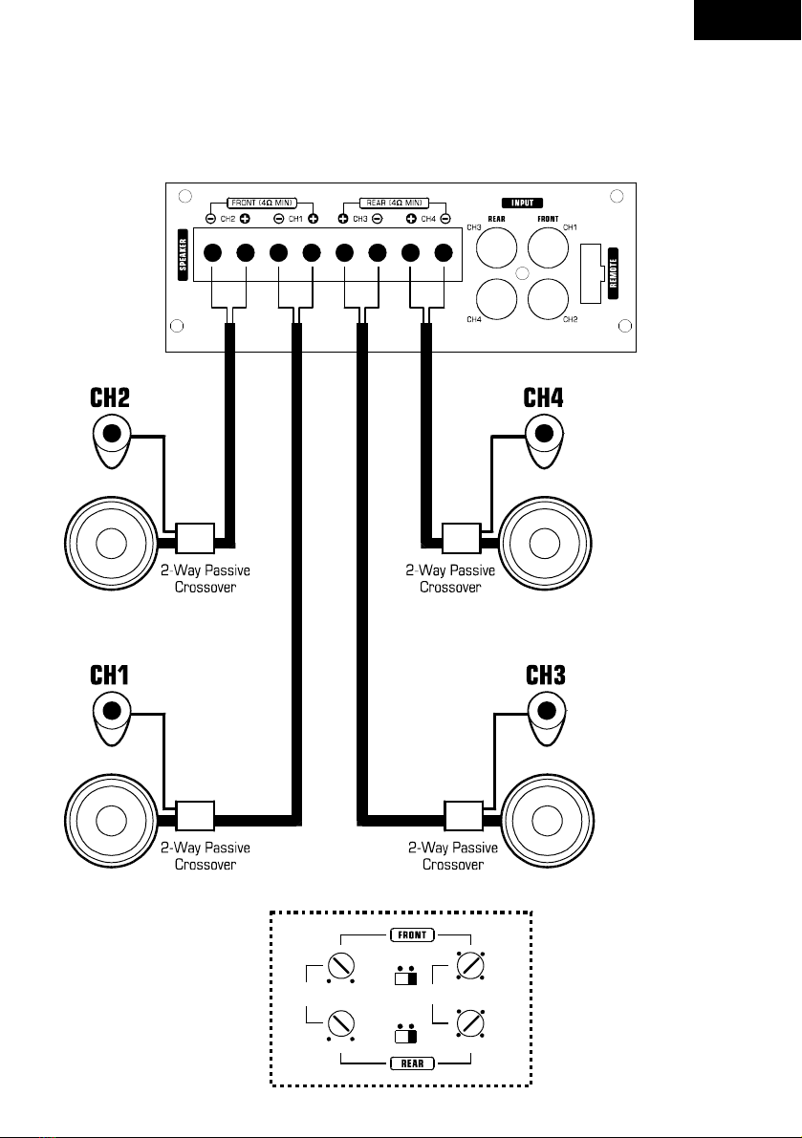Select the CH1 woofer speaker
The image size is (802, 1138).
point(111,821)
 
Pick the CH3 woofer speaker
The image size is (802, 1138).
point(547,821)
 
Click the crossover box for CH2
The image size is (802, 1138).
point(195,538)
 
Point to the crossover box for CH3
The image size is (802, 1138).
point(464,815)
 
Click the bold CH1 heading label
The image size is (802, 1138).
point(110,675)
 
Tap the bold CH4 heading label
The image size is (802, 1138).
point(544,397)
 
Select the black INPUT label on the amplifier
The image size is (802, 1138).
point(522,204)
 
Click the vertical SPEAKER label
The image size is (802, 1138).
point(183,254)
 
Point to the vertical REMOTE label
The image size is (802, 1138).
point(613,273)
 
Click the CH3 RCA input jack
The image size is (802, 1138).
point(496,247)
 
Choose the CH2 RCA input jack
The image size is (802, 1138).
point(548,299)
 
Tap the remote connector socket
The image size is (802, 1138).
point(592,273)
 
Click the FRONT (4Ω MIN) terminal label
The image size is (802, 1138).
point(261,204)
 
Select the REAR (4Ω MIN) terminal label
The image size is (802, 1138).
point(394,204)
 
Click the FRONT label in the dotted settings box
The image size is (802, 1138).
point(412,934)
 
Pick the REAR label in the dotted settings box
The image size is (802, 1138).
point(412,1063)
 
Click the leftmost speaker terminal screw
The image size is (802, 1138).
point(212,252)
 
